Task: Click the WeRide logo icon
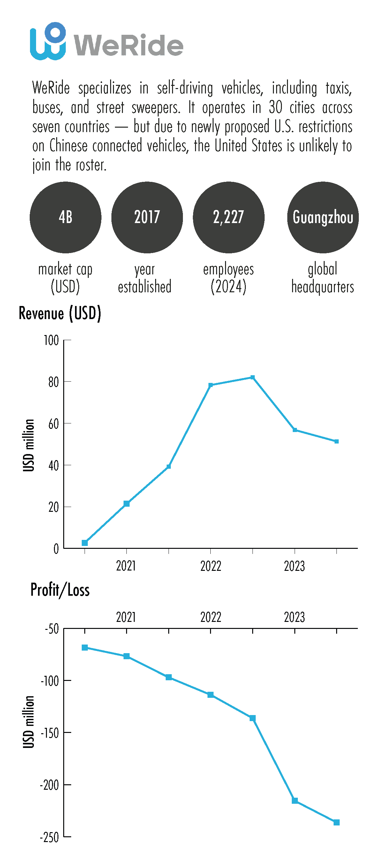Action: click(48, 41)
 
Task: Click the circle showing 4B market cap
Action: click(65, 217)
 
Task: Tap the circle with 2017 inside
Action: click(147, 217)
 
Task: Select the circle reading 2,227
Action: click(228, 217)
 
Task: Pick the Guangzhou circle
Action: click(323, 217)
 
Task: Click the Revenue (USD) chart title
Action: click(60, 313)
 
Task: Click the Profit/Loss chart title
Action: click(60, 590)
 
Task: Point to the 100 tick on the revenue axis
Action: click(51, 340)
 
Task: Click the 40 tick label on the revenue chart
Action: click(53, 466)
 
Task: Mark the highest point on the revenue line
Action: click(253, 377)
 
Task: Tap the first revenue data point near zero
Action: click(85, 543)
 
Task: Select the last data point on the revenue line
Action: click(337, 441)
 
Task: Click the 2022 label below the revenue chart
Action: click(211, 566)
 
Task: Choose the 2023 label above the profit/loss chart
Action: click(294, 617)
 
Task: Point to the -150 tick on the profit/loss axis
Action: click(50, 733)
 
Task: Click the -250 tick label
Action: click(49, 837)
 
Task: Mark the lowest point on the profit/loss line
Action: click(337, 822)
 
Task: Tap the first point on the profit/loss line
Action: click(85, 647)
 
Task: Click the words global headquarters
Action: click(323, 278)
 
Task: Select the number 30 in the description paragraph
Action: click(275, 108)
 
